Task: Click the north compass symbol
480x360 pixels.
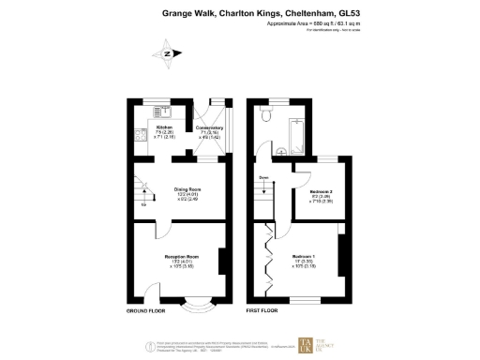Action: (x=166, y=53)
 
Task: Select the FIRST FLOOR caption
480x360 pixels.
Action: (x=263, y=309)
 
